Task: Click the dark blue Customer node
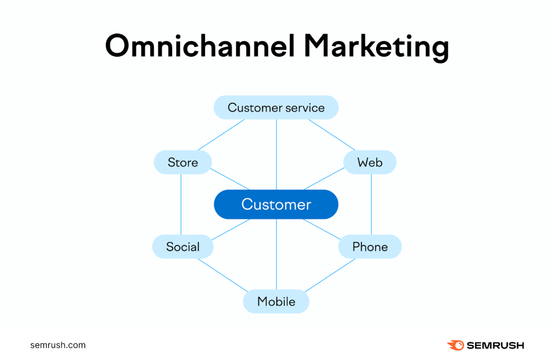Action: point(276,204)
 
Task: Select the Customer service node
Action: point(276,108)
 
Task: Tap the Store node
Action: point(183,163)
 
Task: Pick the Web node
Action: point(370,163)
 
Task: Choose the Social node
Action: point(183,247)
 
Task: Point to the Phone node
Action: point(370,247)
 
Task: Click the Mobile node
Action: point(276,302)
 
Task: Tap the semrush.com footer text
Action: point(58,345)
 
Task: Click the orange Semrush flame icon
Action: point(455,345)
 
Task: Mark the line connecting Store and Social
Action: point(181,204)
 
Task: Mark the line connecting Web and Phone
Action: point(371,204)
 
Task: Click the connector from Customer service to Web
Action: point(332,135)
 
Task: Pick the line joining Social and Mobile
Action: point(222,275)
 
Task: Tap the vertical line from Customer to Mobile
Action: point(276,254)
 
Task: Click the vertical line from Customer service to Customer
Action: point(276,154)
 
